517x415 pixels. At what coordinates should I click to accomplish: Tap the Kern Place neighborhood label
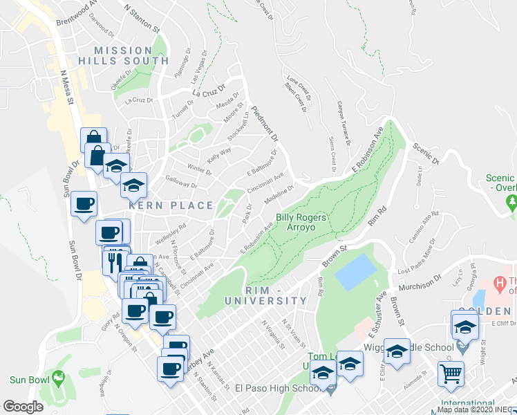pyautogui.click(x=169, y=205)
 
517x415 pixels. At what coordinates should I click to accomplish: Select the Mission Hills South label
pyautogui.click(x=123, y=55)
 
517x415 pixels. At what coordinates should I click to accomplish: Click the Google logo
pyautogui.click(x=23, y=407)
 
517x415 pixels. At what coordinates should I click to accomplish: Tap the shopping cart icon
pyautogui.click(x=451, y=373)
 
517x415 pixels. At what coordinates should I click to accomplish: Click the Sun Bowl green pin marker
pyautogui.click(x=57, y=378)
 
